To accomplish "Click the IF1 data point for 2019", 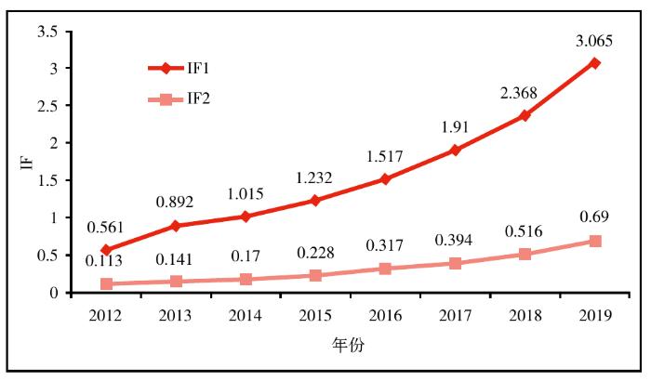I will (x=595, y=63).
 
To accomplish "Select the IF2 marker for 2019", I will (x=595, y=242).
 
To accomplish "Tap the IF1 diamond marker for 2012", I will (x=105, y=250).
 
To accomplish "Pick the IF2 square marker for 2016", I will (x=385, y=269).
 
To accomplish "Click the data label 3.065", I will (x=593, y=39).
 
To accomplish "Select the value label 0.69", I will (x=595, y=217).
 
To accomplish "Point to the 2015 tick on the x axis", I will (x=315, y=316).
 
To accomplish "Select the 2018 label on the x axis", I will (x=525, y=316).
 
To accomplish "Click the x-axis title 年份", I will (x=350, y=345).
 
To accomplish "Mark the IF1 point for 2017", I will (x=456, y=150).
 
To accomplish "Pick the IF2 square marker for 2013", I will (x=175, y=281).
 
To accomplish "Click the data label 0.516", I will (x=525, y=230).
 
